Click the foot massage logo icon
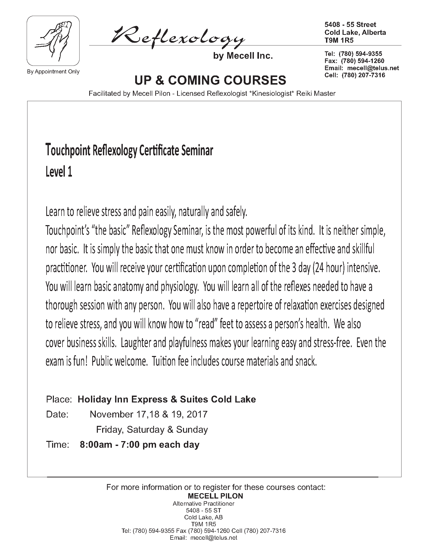point(53,40)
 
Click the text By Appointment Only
point(53,72)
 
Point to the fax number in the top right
point(354,61)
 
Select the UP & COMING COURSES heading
point(210,80)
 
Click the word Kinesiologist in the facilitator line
point(272,94)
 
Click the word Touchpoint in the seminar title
point(68,151)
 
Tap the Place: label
point(59,399)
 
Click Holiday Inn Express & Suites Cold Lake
point(167,399)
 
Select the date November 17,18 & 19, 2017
point(148,414)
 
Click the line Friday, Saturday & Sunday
point(152,429)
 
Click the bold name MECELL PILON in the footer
point(215,496)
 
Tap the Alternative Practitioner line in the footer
point(204,504)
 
